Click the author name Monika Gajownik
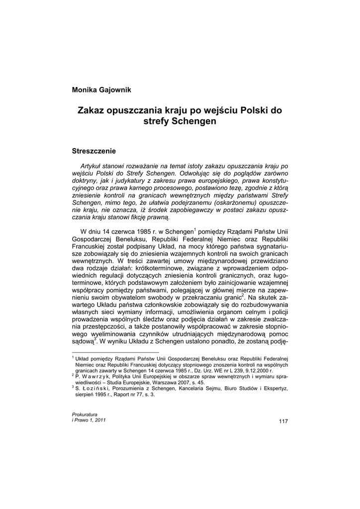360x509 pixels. (x=101, y=89)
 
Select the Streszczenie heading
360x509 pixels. (x=94, y=150)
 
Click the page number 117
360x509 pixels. (x=283, y=422)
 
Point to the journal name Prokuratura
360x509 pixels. (x=85, y=414)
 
